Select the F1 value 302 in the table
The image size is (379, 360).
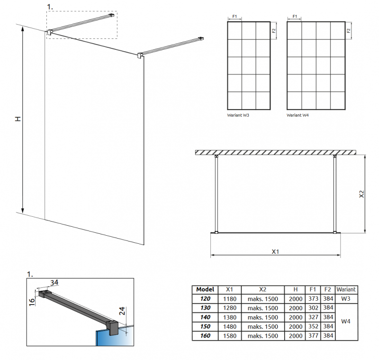point(313,308)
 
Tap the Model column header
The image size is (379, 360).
point(205,289)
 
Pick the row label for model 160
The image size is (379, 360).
point(205,336)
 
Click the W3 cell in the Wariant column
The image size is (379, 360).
point(346,299)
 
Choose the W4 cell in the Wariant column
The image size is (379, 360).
point(346,322)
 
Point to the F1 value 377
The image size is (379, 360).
point(313,336)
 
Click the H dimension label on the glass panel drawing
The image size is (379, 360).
point(18,119)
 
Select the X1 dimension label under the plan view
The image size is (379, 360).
point(275,252)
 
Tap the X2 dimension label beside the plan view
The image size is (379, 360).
point(361,194)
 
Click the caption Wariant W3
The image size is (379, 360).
point(238,115)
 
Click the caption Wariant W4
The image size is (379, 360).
point(298,115)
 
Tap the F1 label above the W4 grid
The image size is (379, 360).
point(295,17)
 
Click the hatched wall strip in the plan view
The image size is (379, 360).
point(275,152)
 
